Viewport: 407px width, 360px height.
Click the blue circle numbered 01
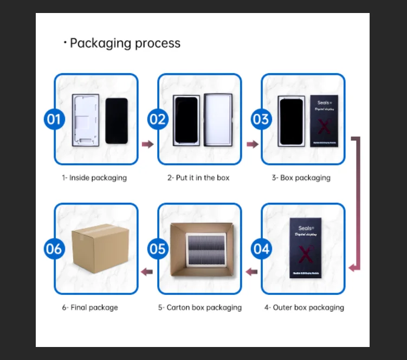coord(54,119)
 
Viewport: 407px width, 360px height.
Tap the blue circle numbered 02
coord(158,119)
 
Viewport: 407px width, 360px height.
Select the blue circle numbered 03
coord(261,119)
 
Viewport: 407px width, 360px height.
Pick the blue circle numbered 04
coord(261,249)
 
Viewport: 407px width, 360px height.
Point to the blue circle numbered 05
coord(158,249)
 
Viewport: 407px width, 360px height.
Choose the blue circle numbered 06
coord(54,249)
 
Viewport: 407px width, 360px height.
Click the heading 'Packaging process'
coord(125,43)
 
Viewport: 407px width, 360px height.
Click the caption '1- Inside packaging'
coord(94,178)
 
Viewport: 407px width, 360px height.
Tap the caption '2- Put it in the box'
coord(198,178)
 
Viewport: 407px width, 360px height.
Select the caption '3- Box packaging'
coord(301,178)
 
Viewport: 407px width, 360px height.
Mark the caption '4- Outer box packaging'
coord(304,307)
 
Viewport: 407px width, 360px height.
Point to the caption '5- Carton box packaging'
coord(200,307)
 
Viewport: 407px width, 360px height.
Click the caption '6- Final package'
coord(90,307)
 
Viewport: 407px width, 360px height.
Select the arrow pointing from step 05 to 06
coord(147,271)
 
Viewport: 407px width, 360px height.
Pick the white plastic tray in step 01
coord(86,120)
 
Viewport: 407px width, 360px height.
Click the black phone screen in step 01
coord(116,120)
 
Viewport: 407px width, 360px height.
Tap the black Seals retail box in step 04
coord(305,248)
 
